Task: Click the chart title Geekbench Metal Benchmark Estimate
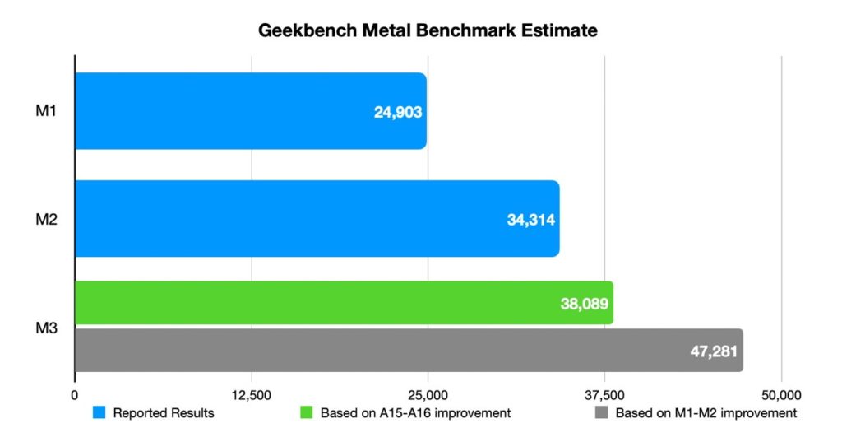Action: [x=427, y=31]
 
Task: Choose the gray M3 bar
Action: [x=370, y=351]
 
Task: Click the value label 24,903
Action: [x=398, y=112]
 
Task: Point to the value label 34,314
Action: [x=531, y=220]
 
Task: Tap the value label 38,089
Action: [x=584, y=304]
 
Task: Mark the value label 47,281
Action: [x=714, y=351]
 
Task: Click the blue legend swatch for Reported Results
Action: [x=99, y=413]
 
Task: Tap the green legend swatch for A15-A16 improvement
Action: [x=306, y=413]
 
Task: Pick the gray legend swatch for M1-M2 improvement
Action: [x=601, y=413]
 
